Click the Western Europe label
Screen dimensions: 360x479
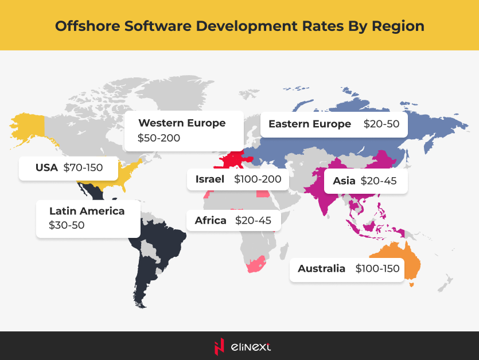[x=182, y=123]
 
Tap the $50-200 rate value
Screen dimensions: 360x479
[x=159, y=138]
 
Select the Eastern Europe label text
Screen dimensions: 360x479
[x=309, y=124]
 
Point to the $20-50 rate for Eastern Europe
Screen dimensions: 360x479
[x=381, y=124]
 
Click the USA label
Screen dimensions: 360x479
[x=46, y=168]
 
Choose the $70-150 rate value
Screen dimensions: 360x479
[x=83, y=168]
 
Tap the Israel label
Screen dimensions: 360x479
[x=209, y=179]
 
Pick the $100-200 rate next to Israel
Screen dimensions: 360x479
[x=258, y=179]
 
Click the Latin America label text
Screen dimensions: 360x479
[x=87, y=211]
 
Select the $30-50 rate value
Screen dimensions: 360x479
[x=67, y=225]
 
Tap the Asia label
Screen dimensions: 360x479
[x=344, y=181]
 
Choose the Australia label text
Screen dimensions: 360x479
[x=321, y=268]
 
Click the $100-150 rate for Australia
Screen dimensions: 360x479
[x=377, y=268]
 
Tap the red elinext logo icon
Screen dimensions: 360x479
[x=218, y=346]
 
